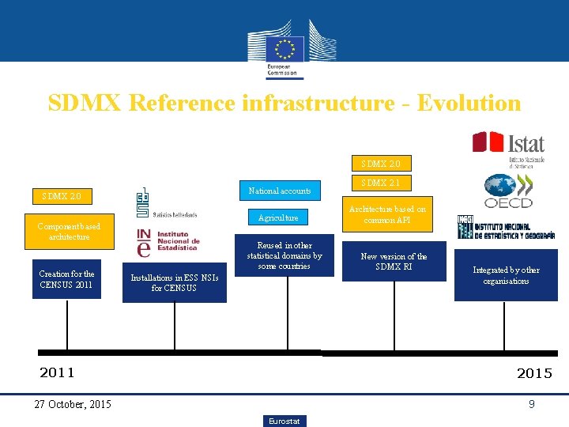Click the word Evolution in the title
pos(469,104)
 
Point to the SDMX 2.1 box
pos(381,183)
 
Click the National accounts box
pos(280,191)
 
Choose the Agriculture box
pos(279,217)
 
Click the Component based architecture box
pos(69,232)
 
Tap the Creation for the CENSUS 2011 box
pos(66,279)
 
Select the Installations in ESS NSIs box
pos(175,282)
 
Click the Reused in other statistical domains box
pos(284,256)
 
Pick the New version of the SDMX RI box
pos(394,262)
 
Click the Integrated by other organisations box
pos(506,275)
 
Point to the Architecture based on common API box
pos(387,214)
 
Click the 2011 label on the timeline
pos(57,372)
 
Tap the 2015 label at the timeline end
pos(534,372)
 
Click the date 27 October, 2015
pos(73,404)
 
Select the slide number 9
pos(532,404)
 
